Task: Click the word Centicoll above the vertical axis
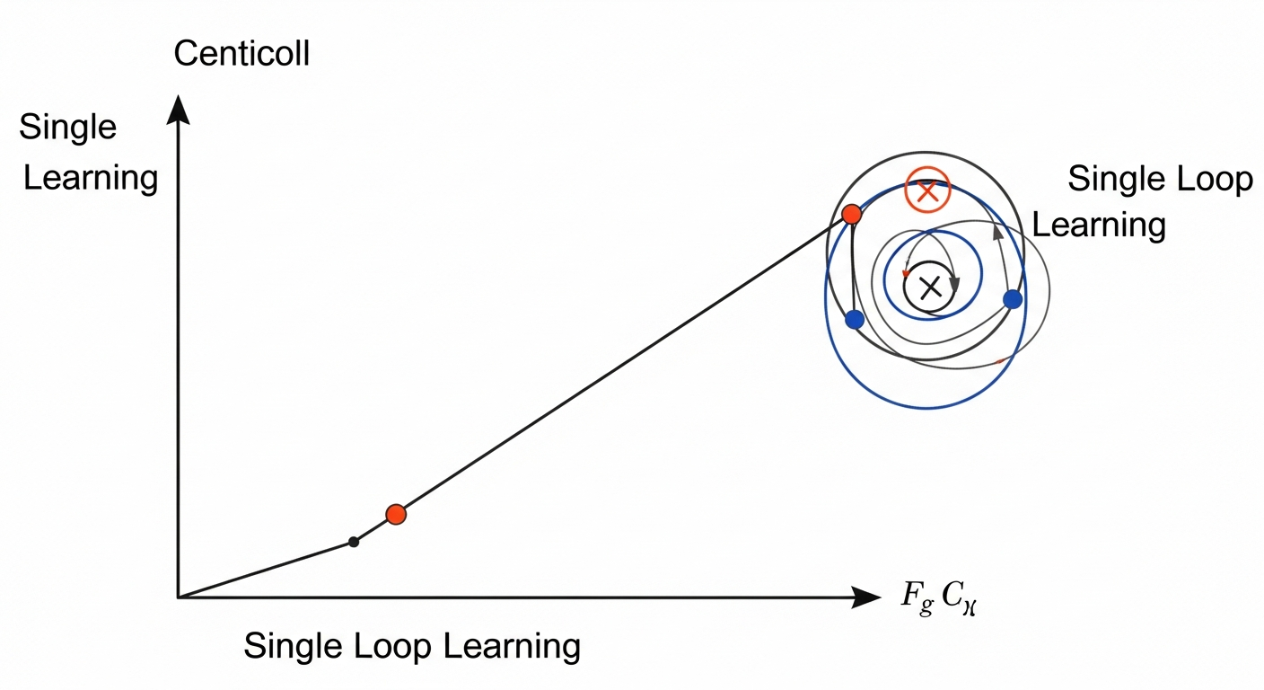point(241,54)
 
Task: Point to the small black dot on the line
point(354,542)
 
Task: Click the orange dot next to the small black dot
point(396,514)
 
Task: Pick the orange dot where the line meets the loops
point(852,214)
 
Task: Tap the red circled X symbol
point(927,190)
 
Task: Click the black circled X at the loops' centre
point(930,287)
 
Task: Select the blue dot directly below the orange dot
point(855,319)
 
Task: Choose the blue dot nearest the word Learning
point(1013,299)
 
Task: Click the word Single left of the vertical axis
point(67,127)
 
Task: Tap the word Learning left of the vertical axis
point(90,178)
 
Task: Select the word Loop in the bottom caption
point(382,646)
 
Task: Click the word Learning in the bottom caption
point(505,646)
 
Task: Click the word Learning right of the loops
point(1099,224)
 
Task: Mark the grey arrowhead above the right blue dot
point(996,233)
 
